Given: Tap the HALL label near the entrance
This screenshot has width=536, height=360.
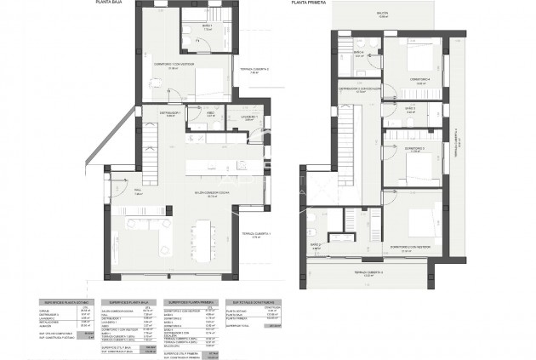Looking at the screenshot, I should pyautogui.click(x=138, y=194).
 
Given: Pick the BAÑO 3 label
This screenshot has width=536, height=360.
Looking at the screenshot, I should pyautogui.click(x=408, y=108).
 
